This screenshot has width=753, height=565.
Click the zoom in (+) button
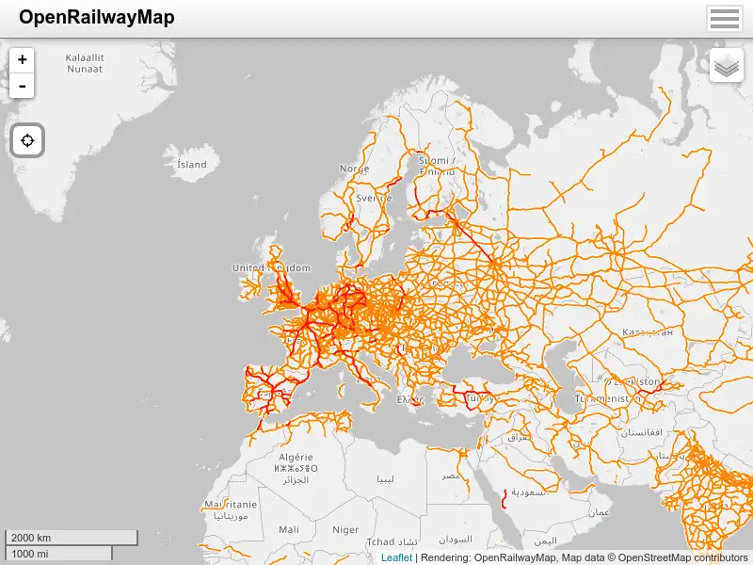coord(22,59)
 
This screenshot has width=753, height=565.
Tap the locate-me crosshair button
coord(27,141)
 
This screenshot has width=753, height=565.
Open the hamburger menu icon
coord(725,19)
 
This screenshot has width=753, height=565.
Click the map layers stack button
coord(727,66)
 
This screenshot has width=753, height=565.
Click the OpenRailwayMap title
coord(96,18)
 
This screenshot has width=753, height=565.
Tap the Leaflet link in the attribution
coord(396,557)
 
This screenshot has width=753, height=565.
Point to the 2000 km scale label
coord(31,538)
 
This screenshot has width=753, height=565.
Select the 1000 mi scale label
coord(30,554)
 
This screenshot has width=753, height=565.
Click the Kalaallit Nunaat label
coord(85,63)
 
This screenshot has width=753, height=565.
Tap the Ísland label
coord(192,164)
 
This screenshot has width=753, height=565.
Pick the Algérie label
coord(295,456)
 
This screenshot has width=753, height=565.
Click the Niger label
coord(345,530)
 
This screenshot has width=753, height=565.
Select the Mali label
coord(289,530)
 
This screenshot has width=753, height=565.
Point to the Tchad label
coord(380,541)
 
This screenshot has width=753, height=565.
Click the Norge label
coord(355,169)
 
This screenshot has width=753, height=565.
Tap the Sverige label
coord(374,199)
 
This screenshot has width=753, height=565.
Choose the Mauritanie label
coord(230,506)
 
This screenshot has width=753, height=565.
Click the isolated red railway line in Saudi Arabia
coord(505,498)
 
